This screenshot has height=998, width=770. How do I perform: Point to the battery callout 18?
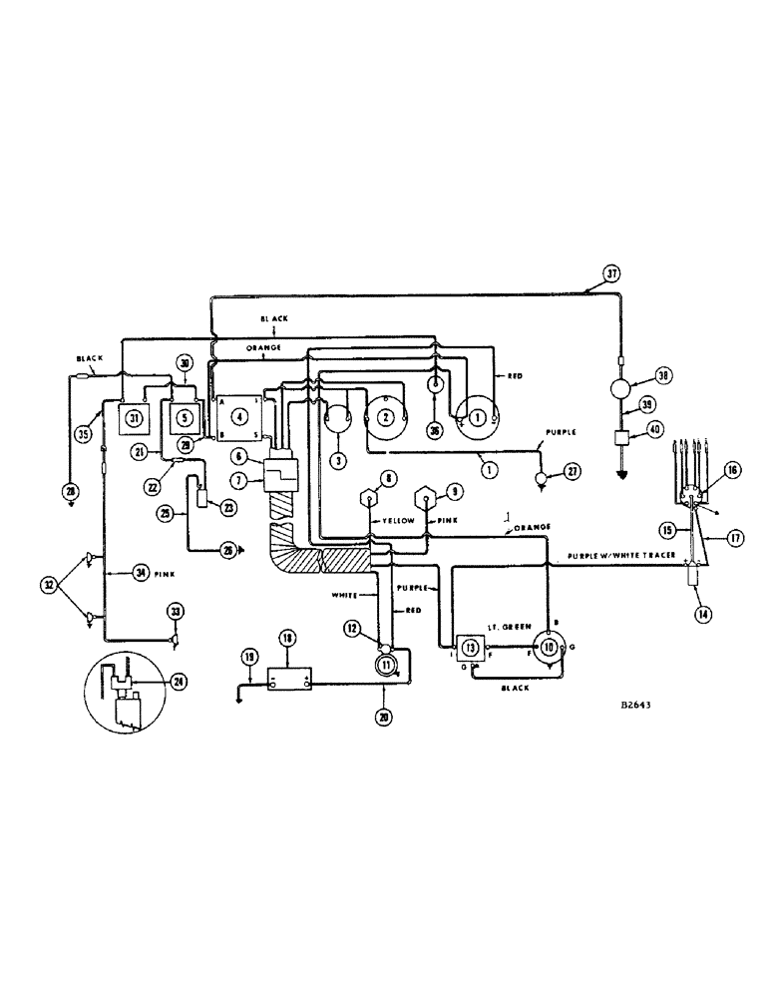[286, 637]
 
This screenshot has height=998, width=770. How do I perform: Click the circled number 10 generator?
[548, 647]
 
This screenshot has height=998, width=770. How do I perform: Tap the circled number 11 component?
[384, 663]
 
